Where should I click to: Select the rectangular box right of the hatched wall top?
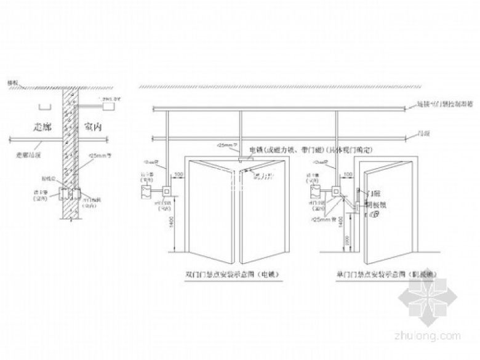109,106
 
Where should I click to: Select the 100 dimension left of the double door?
178,176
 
